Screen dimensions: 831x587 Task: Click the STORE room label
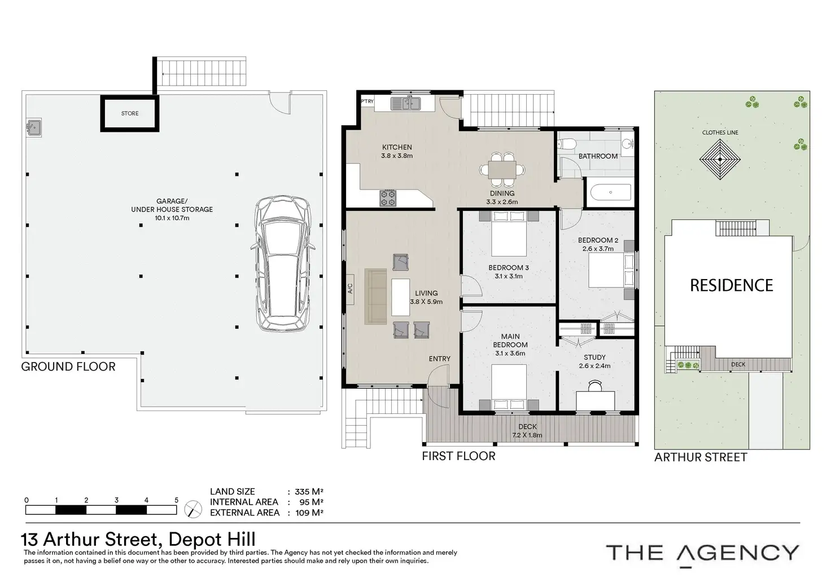pos(130,113)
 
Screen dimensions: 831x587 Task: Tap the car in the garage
pos(283,263)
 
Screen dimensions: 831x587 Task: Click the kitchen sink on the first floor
pos(405,103)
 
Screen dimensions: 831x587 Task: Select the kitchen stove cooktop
pos(388,198)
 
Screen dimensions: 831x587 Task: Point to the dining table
pos(502,170)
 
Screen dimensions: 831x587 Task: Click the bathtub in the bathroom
pos(611,192)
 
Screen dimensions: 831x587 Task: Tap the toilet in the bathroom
pos(567,144)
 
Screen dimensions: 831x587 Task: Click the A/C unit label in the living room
pos(350,289)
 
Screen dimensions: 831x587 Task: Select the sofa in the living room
pos(375,297)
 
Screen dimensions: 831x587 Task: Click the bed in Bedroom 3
pos(509,233)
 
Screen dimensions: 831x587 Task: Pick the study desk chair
pos(596,386)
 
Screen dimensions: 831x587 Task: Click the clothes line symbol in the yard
pos(720,160)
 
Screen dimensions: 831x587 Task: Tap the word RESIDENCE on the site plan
pos(732,285)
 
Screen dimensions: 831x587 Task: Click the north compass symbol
pos(193,509)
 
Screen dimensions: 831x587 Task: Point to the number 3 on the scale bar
pos(116,500)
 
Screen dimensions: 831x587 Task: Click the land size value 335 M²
pos(309,492)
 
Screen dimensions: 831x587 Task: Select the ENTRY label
pos(440,359)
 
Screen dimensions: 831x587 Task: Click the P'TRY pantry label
pos(368,101)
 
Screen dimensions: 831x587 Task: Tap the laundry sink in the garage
pos(33,127)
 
